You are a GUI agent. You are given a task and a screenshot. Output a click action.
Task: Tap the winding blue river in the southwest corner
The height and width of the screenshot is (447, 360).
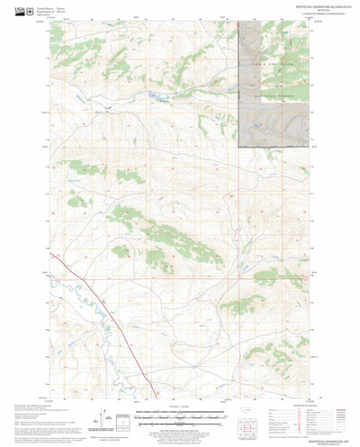[x=76, y=297]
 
